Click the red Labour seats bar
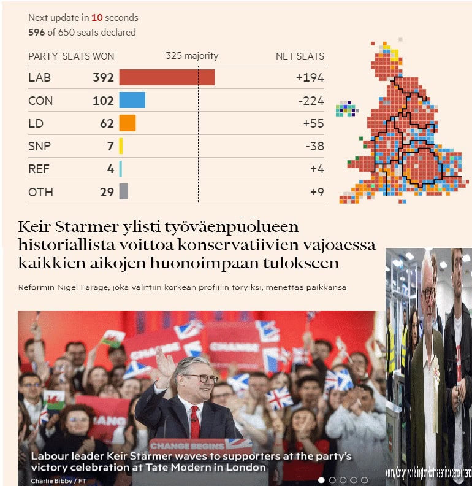click(x=167, y=77)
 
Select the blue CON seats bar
click(x=132, y=101)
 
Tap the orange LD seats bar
click(x=127, y=123)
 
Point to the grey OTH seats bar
click(x=123, y=192)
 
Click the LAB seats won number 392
click(x=103, y=78)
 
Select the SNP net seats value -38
click(x=313, y=146)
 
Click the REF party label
click(x=39, y=169)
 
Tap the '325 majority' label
click(x=192, y=56)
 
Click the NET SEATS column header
click(x=300, y=56)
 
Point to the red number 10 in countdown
click(x=96, y=18)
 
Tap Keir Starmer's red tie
click(x=194, y=420)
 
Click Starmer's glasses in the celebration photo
click(x=200, y=378)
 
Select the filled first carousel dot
click(x=321, y=480)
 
